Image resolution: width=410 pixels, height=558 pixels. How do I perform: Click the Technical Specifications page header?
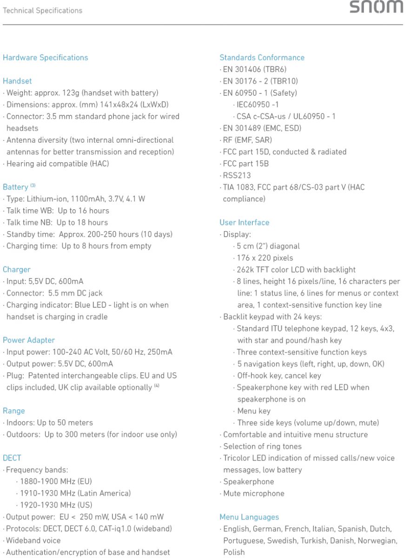42,10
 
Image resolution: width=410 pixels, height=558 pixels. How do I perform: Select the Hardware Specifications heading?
45,58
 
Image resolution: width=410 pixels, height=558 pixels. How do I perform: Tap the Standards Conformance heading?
262,58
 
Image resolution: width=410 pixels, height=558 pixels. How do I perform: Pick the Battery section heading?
15,187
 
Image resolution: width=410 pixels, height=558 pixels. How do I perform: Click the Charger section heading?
16,270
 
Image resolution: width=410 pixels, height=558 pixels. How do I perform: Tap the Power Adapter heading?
29,340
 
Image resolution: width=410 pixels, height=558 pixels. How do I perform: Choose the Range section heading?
13,411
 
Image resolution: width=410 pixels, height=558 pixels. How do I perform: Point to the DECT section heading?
12,458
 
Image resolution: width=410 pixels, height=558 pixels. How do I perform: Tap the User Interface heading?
244,223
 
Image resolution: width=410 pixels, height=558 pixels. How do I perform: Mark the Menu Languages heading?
249,517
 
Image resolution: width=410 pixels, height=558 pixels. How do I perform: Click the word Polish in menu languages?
233,552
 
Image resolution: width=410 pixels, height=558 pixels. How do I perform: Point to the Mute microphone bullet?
253,493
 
